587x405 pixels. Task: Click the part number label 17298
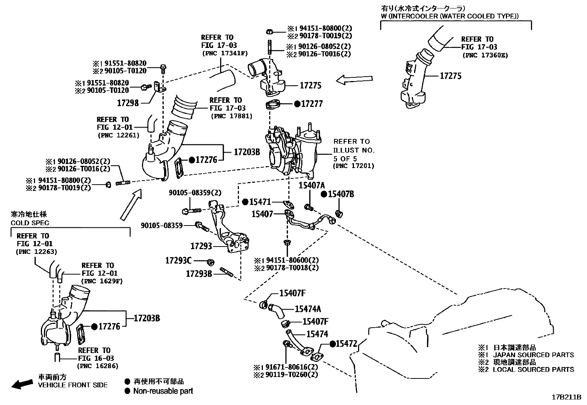click(128, 103)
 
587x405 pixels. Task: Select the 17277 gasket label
click(312, 104)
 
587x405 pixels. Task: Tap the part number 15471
click(260, 202)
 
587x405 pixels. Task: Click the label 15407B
click(341, 194)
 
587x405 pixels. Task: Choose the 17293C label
click(178, 261)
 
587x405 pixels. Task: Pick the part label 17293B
click(199, 273)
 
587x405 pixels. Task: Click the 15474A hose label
click(308, 309)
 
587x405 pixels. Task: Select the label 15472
click(347, 344)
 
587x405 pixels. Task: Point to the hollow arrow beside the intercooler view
click(354, 80)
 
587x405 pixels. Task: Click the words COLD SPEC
click(30, 223)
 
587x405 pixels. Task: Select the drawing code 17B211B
click(566, 397)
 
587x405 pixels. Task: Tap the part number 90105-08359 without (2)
click(161, 225)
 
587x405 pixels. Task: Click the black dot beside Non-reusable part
click(128, 391)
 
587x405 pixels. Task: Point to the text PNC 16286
click(98, 366)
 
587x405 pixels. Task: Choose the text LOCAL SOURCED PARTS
click(533, 369)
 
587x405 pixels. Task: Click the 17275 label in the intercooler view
click(451, 76)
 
